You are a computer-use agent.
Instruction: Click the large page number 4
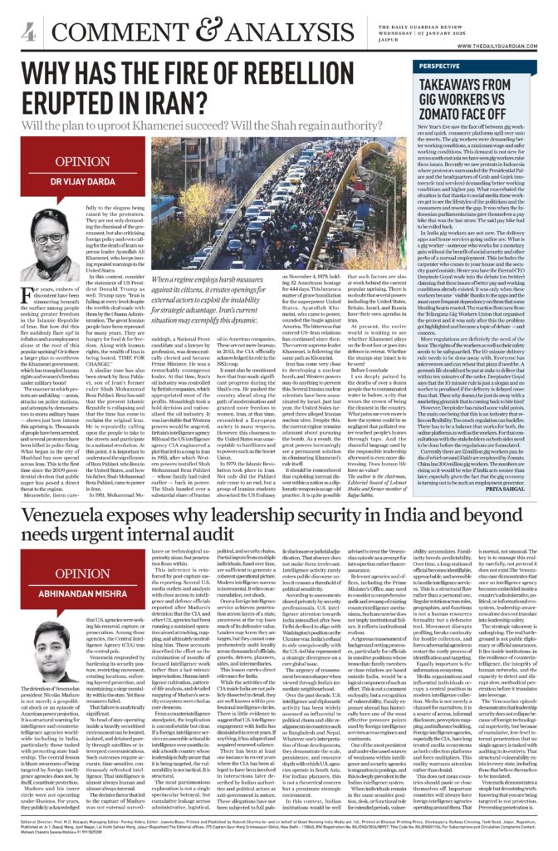[27, 31]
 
